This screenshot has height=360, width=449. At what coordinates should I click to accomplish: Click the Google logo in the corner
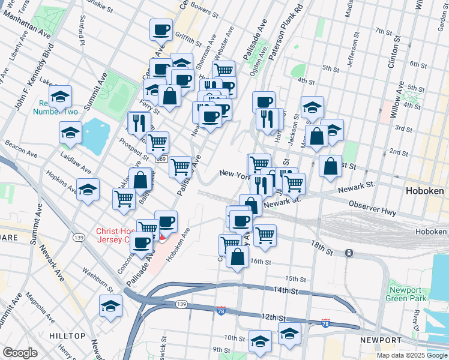coord(20,353)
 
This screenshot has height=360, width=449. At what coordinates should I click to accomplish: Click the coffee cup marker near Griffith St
coord(161,30)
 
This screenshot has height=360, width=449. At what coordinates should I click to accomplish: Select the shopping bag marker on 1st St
coord(330,166)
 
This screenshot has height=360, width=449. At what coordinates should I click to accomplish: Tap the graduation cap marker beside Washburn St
coord(110,306)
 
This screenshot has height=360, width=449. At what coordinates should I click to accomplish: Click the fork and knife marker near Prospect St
coord(139,122)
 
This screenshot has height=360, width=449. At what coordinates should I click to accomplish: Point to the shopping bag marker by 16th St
coord(238,257)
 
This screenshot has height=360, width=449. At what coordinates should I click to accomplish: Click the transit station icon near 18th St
coord(349,253)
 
